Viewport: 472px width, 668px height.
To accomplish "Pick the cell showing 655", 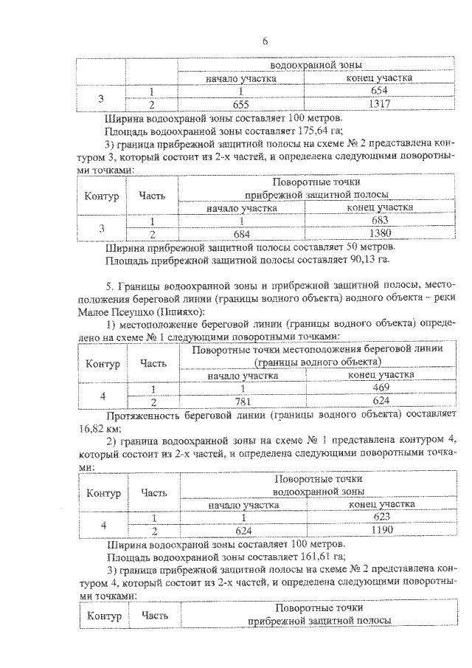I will pos(241,104).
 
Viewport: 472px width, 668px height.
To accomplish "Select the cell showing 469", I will pos(380,389).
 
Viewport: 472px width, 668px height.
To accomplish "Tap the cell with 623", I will pos(380,517).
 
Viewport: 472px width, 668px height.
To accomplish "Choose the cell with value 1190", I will pos(380,530).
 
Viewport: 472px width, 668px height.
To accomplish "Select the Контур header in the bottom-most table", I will pos(103,615).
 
